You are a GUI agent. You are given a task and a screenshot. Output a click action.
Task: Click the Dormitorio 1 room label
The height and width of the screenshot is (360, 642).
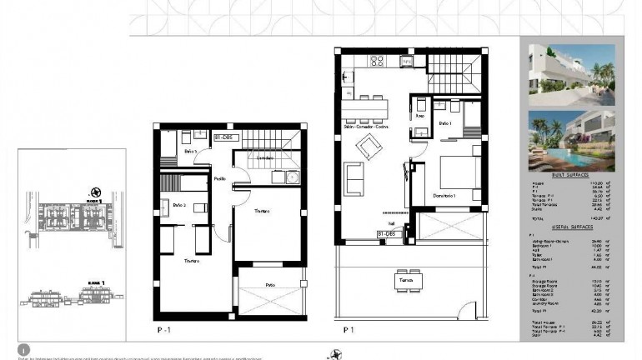pos(449,195)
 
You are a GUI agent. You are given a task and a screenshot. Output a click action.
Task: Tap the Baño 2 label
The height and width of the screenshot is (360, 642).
pos(178,205)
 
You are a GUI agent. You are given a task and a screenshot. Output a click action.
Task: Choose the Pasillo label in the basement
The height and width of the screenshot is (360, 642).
pos(219,178)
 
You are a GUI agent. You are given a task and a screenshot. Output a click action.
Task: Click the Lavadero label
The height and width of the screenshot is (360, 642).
pos(264,157)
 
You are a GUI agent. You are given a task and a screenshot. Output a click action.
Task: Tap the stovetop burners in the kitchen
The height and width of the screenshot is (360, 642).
pos(376,60)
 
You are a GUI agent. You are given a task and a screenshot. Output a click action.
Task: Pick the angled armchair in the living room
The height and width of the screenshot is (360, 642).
pos(367,150)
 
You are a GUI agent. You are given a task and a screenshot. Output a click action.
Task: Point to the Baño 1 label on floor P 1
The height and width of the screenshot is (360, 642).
pos(444,123)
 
